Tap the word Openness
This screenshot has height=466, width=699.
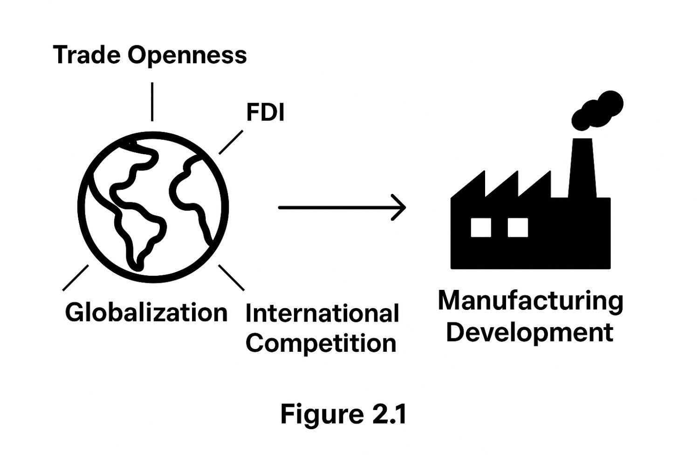[x=187, y=55]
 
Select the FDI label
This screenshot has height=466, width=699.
[x=265, y=112]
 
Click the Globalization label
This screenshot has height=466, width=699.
[x=146, y=312]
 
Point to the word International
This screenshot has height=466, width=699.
[x=322, y=314]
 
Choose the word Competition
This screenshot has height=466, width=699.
[x=321, y=343]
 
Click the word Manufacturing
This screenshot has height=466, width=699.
[x=530, y=301]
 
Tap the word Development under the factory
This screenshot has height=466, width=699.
[x=529, y=333]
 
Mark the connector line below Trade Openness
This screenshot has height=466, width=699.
[x=152, y=102]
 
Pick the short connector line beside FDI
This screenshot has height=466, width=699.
[x=231, y=142]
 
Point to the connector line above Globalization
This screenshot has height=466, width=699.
[x=75, y=278]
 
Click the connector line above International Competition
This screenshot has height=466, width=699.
[x=231, y=278]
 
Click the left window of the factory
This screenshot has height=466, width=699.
[x=481, y=227]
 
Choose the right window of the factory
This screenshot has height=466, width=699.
[x=518, y=227]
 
